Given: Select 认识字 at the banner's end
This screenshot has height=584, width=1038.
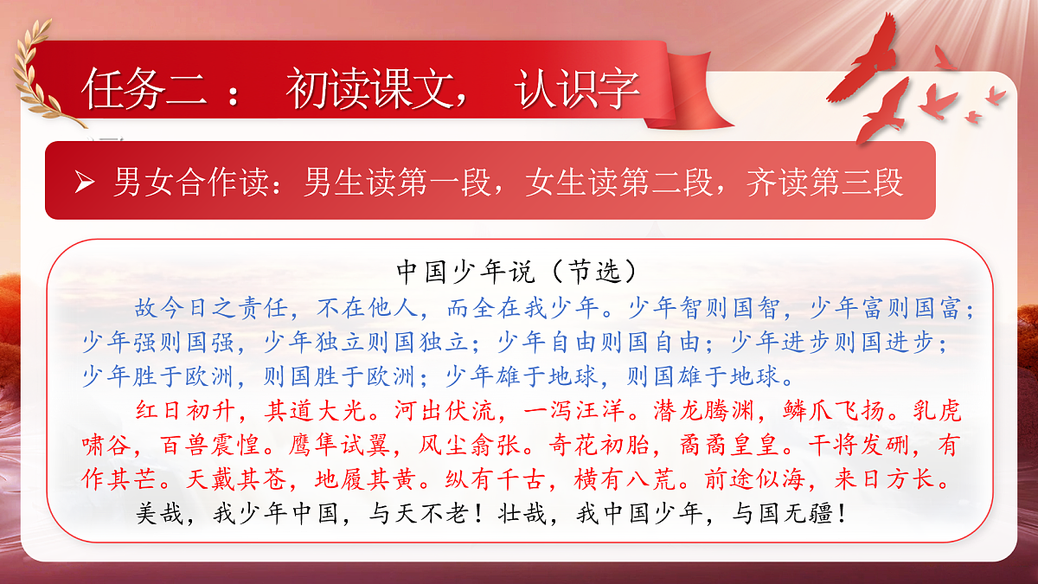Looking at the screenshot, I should pos(577,89).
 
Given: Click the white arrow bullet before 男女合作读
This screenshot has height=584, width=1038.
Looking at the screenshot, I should pos(84,183).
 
